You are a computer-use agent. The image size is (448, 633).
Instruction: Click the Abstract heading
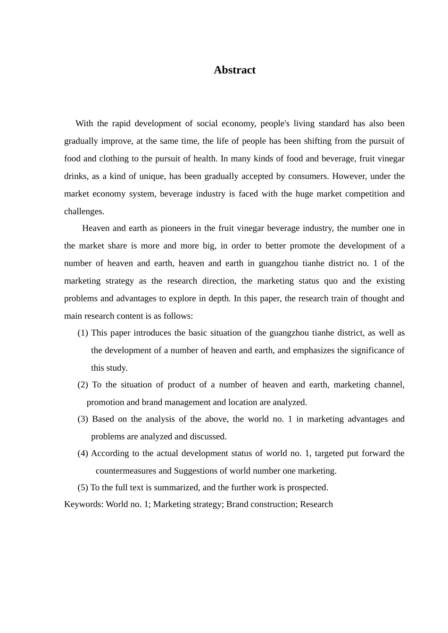[234, 70]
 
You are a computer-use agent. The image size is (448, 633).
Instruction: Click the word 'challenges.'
[84, 211]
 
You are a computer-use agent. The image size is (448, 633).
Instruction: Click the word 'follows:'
[178, 316]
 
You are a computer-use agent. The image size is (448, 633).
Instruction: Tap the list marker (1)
[83, 333]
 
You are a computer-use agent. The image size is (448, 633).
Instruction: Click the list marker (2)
[83, 385]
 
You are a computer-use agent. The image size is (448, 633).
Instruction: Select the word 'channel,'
[389, 385]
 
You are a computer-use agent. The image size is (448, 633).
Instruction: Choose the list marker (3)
[83, 419]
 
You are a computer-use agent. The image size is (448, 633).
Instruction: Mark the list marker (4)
[83, 454]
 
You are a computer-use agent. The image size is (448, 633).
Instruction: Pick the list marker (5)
[83, 487]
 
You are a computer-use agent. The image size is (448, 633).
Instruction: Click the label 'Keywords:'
[84, 504]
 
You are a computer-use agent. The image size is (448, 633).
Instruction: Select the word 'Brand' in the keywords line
[238, 504]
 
